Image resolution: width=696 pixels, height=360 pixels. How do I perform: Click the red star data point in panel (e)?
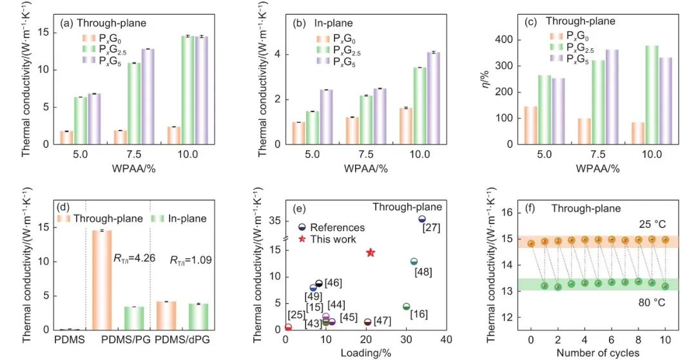pyautogui.click(x=371, y=252)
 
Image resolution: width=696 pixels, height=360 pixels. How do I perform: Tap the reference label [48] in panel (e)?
pyautogui.click(x=423, y=272)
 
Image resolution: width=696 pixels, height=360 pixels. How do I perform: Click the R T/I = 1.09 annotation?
pyautogui.click(x=189, y=261)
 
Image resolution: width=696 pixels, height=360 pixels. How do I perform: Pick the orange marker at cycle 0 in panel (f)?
pyautogui.click(x=531, y=243)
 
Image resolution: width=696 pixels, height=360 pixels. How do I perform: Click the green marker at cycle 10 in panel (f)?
pyautogui.click(x=665, y=286)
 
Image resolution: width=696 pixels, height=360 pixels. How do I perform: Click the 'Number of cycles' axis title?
pyautogui.click(x=597, y=352)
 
